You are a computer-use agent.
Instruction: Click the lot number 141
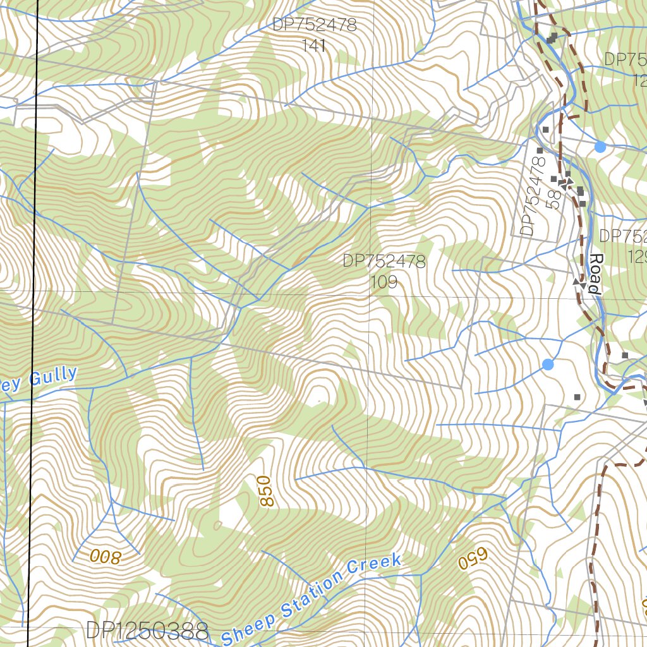(314, 45)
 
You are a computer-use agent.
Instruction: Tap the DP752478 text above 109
(384, 261)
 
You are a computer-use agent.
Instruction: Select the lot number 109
(384, 282)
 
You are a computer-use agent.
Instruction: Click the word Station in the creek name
(310, 593)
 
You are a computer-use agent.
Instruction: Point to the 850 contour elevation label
(267, 491)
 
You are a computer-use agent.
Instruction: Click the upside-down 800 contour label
(104, 556)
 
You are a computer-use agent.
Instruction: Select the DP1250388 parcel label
(147, 631)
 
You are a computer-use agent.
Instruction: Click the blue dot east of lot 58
(600, 147)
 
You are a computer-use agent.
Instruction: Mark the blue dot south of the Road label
(548, 365)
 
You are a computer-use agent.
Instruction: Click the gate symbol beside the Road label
(579, 282)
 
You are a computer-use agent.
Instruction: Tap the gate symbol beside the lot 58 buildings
(567, 183)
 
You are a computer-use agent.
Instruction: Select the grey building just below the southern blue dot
(577, 397)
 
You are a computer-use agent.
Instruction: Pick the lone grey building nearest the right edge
(625, 356)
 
